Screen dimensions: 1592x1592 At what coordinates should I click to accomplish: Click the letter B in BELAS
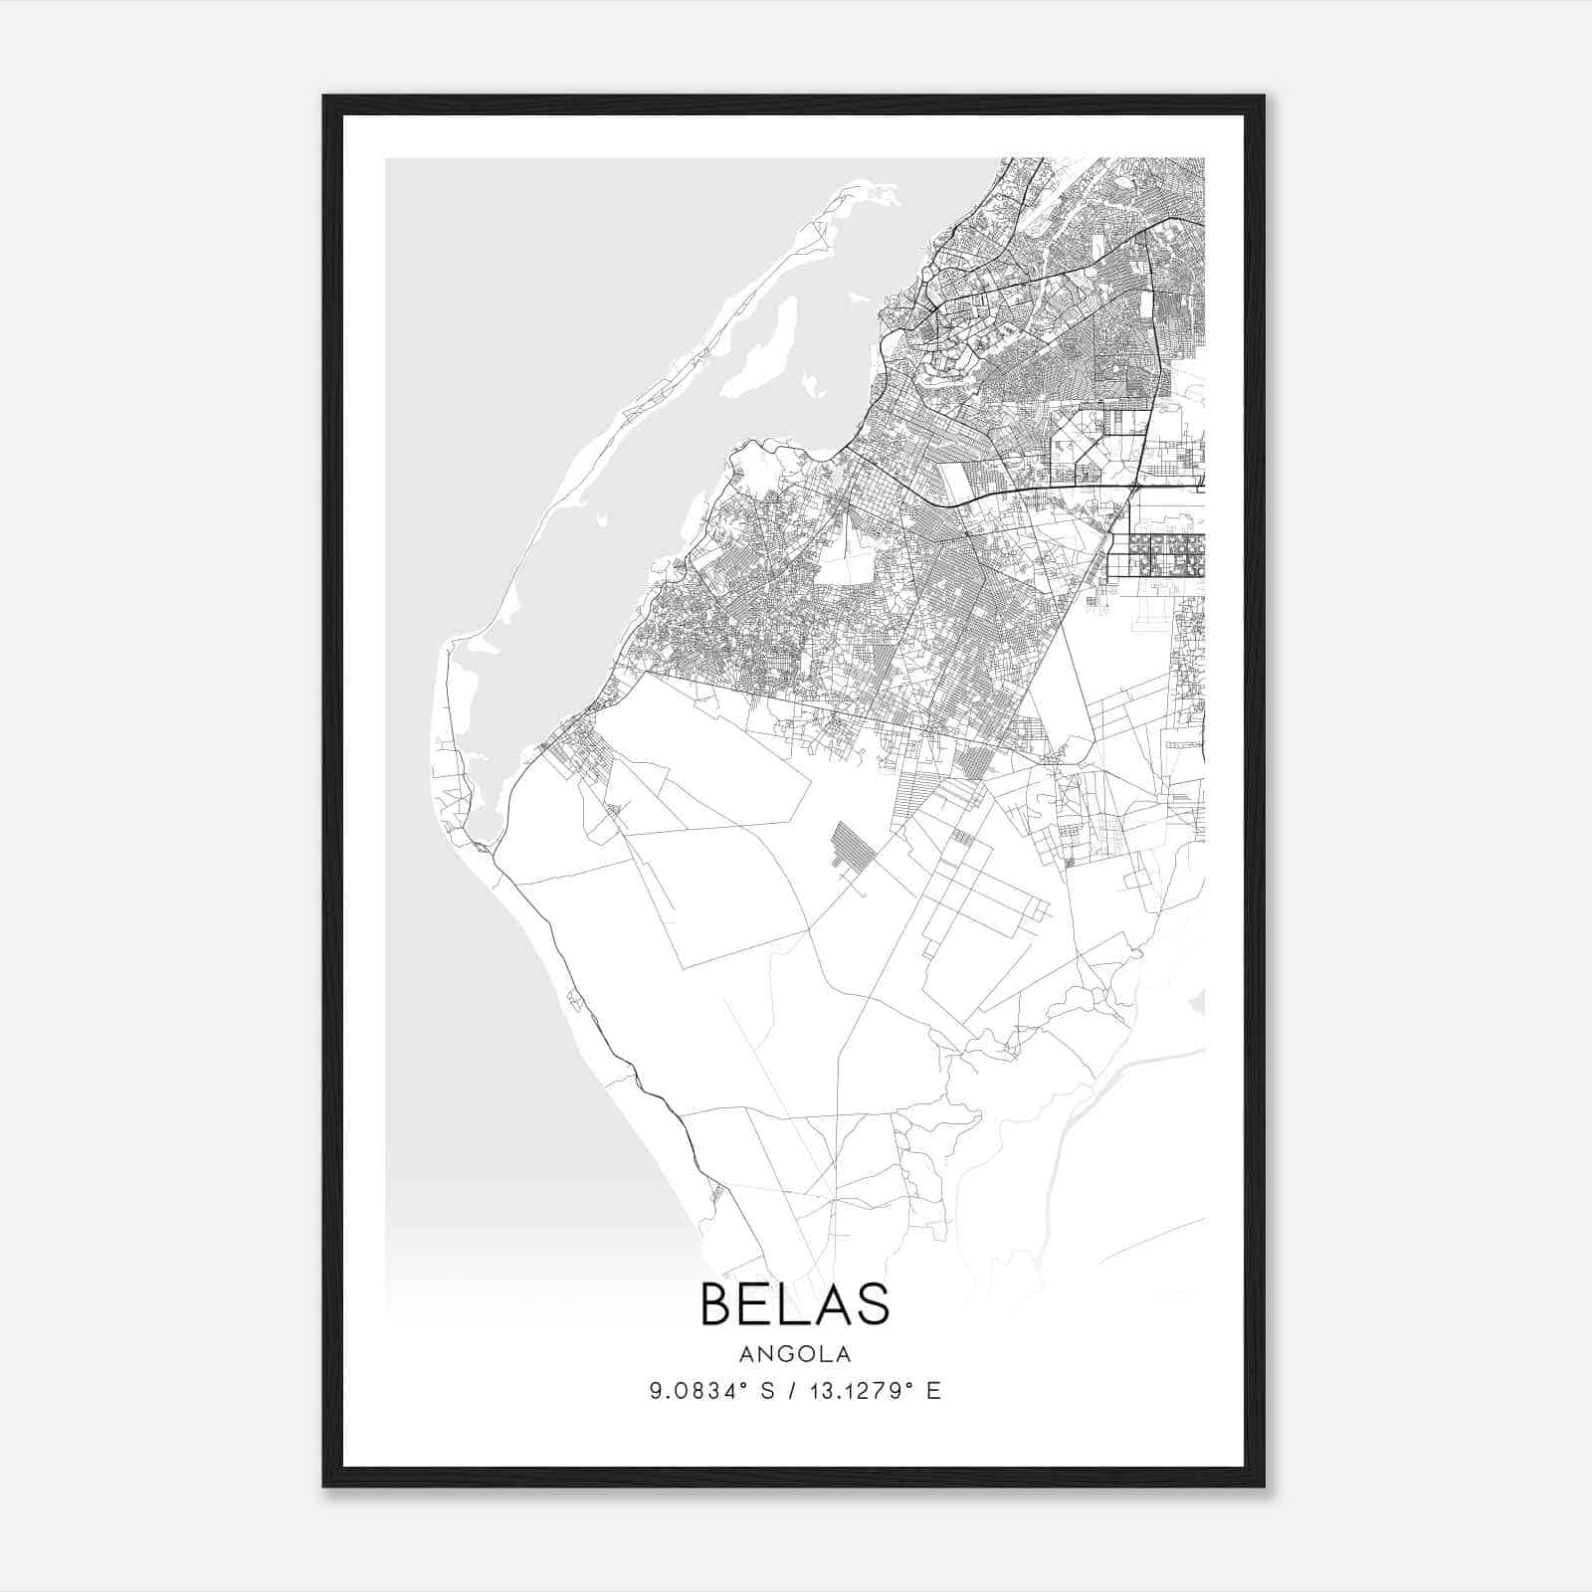pyautogui.click(x=719, y=1303)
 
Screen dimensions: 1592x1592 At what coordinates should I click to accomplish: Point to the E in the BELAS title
pyautogui.click(x=756, y=1303)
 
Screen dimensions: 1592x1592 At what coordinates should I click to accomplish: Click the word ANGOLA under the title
pyautogui.click(x=795, y=1354)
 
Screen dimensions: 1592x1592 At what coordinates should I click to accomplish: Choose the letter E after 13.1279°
pyautogui.click(x=932, y=1391)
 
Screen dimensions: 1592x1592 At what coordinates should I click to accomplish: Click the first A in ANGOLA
pyautogui.click(x=746, y=1354)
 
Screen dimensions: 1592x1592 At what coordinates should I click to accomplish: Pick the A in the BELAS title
pyautogui.click(x=830, y=1303)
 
